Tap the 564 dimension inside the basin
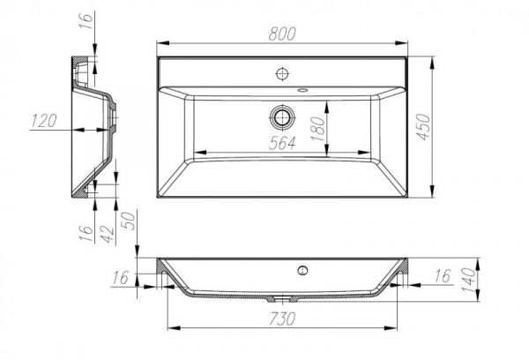tap(282, 143)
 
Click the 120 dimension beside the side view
tap(43, 121)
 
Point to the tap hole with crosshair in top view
tap(283, 71)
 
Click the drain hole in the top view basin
tap(283, 116)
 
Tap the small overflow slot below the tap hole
tap(302, 89)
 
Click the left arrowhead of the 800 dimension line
tap(160, 42)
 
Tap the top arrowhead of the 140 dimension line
tap(477, 262)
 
